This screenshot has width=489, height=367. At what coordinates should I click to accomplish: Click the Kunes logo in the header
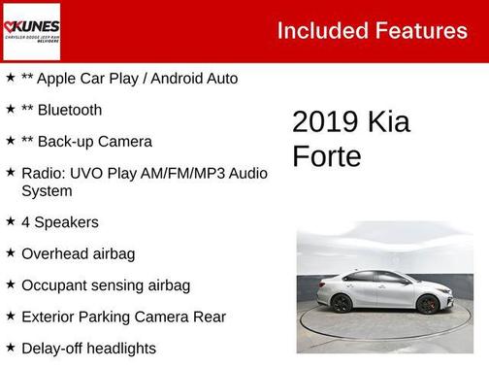click(x=32, y=30)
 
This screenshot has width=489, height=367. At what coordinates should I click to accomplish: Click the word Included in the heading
click(x=320, y=30)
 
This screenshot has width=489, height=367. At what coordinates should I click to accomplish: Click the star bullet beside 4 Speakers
click(x=10, y=221)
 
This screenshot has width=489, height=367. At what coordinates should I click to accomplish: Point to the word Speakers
click(x=67, y=222)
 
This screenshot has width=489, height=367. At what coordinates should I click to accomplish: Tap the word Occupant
click(x=53, y=285)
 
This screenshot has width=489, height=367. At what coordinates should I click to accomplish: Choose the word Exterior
click(x=49, y=317)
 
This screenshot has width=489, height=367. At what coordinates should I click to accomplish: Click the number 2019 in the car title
click(x=326, y=122)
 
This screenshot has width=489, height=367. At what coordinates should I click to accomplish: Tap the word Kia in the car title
click(x=388, y=122)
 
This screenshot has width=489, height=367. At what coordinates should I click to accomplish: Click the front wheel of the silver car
click(x=428, y=304)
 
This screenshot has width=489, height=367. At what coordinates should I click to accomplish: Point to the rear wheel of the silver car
click(x=342, y=303)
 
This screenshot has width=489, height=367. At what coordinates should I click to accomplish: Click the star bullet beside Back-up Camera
click(x=10, y=141)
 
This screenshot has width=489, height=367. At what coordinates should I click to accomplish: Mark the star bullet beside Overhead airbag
click(x=10, y=252)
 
